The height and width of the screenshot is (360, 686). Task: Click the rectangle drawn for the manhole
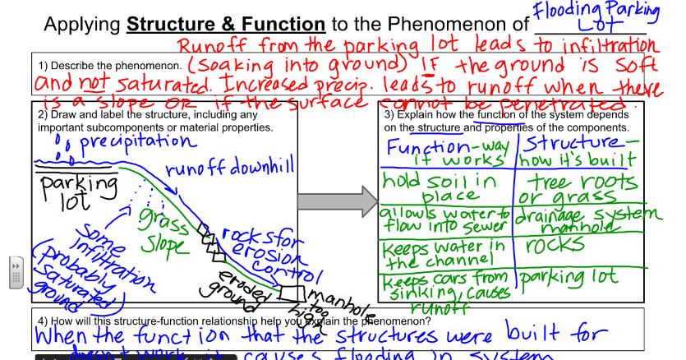(x=289, y=292)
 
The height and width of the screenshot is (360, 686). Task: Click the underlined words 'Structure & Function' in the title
(x=226, y=24)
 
